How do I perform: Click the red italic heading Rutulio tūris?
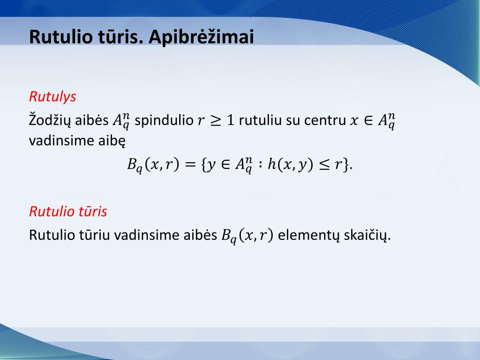tap(68, 211)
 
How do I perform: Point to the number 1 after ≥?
tap(230, 120)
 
